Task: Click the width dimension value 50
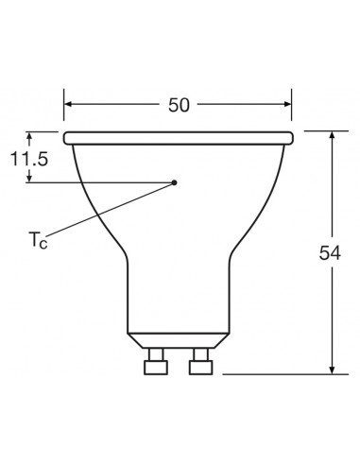point(178,105)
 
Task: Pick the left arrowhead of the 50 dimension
point(69,105)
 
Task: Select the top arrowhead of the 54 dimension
point(333,137)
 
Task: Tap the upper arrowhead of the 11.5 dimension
point(32,136)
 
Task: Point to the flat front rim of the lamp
point(178,138)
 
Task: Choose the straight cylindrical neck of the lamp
point(178,293)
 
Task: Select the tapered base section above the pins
point(178,338)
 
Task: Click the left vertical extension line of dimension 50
point(63,109)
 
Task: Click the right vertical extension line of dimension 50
point(292,109)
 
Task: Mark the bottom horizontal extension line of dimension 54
point(283,374)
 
